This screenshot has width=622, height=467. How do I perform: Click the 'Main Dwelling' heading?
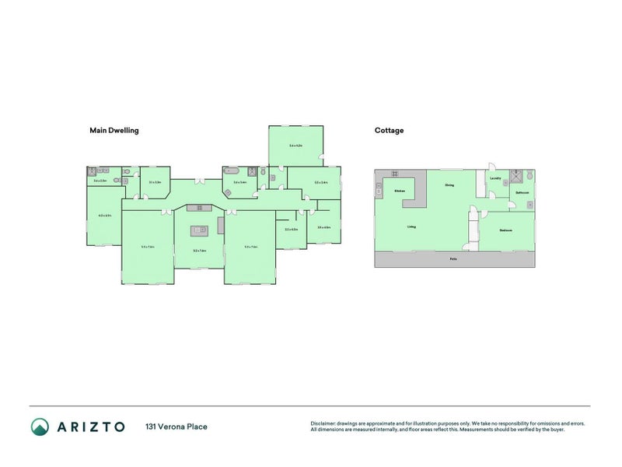(114, 131)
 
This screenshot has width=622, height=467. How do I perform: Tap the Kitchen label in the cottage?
(400, 191)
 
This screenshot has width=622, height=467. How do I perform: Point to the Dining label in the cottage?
(449, 185)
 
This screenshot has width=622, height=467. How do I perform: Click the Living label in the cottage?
(411, 227)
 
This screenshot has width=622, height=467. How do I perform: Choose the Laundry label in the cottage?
(495, 179)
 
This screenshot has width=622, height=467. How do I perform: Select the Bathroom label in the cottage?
(521, 193)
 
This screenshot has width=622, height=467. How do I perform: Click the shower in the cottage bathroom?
(515, 177)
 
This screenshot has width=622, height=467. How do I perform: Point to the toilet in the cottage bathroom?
(529, 177)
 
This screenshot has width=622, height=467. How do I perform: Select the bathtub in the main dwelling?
(232, 171)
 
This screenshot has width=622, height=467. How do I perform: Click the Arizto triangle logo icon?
(40, 427)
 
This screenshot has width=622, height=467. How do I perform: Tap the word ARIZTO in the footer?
(90, 427)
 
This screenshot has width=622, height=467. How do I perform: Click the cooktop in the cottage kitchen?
(393, 173)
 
